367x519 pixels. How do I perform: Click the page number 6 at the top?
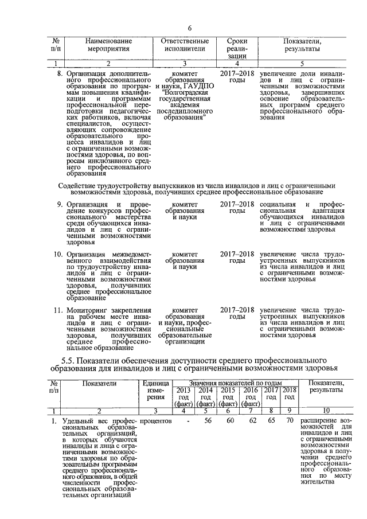pos(189,29)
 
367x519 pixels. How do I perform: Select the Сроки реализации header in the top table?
pos(237,49)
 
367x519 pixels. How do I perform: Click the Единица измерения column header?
pos(148,389)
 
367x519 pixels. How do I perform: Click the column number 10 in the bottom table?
pos(326,411)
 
